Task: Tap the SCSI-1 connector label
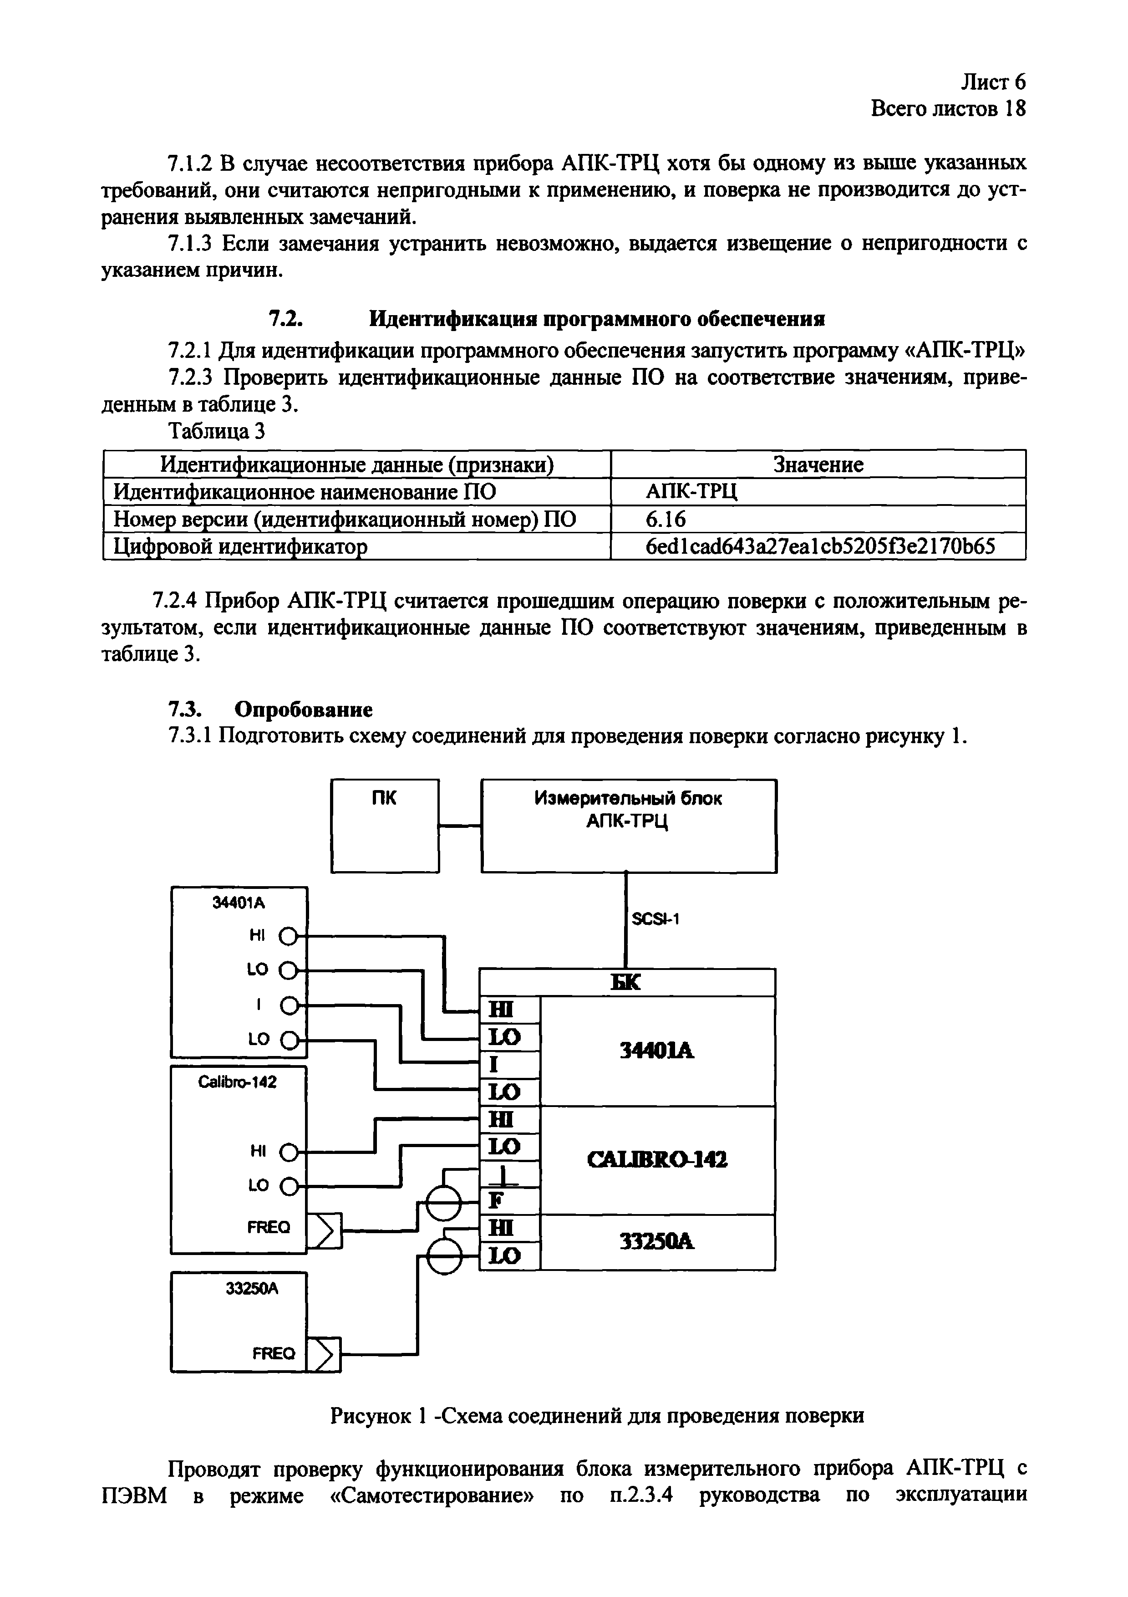point(655,919)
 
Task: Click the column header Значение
point(818,464)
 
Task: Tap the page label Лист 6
point(992,82)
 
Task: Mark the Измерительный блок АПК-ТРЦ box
point(628,825)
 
